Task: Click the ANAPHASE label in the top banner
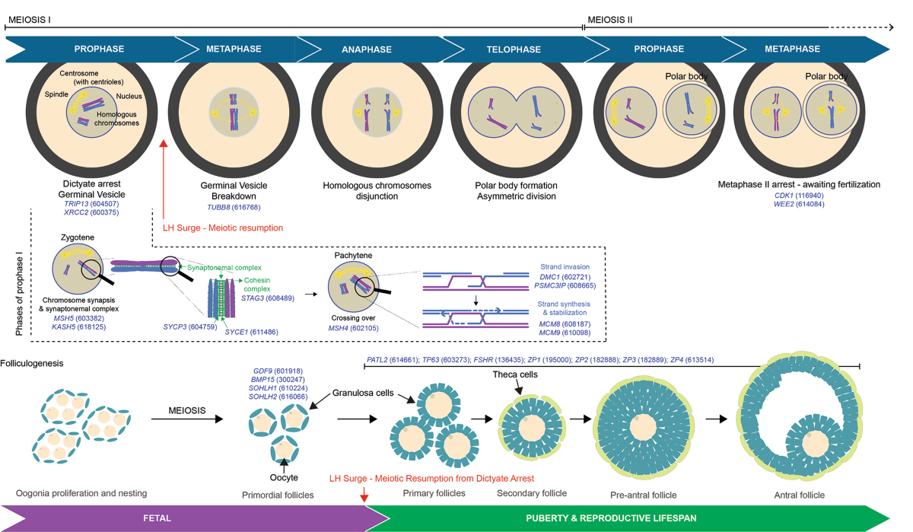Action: (366, 49)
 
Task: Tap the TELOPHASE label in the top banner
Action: (514, 49)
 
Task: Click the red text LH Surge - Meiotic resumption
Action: (223, 227)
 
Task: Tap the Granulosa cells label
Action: (363, 393)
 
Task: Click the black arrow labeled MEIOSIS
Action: (186, 419)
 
